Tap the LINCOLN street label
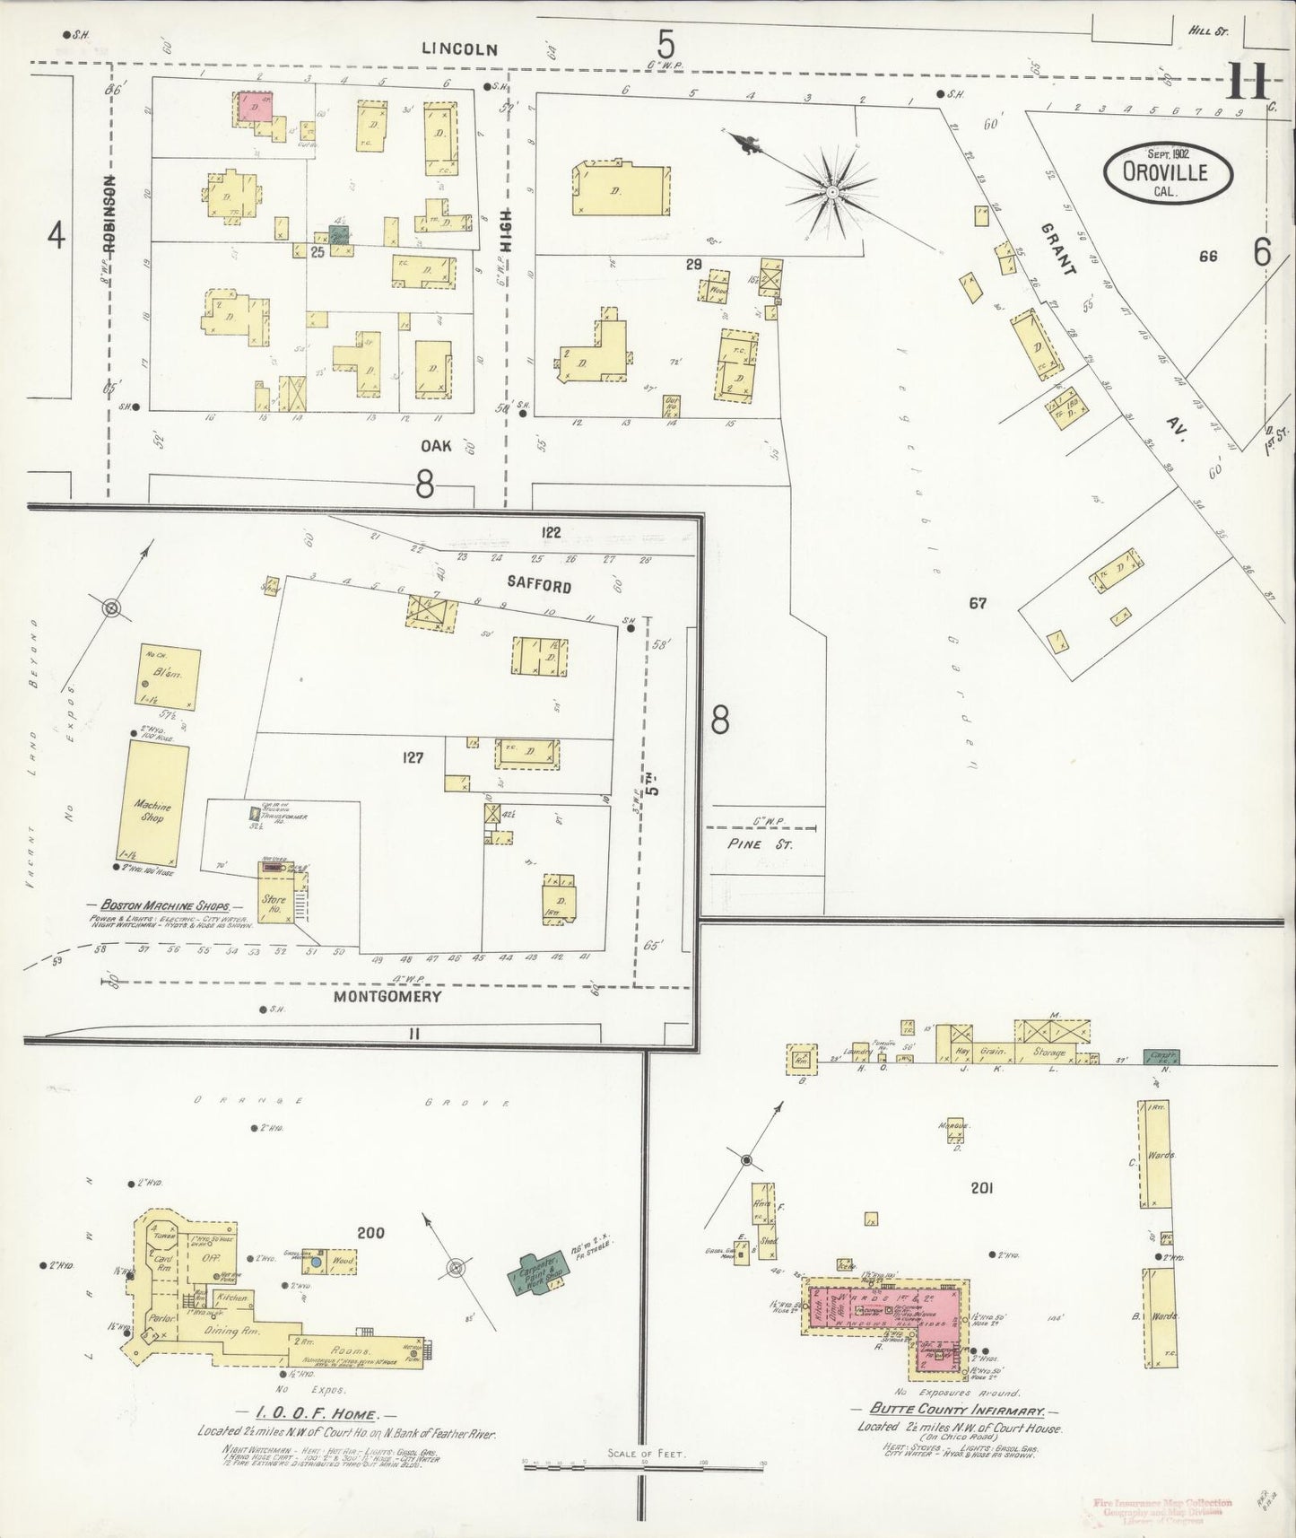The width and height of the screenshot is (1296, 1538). (x=459, y=49)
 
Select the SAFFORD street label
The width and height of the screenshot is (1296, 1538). (x=538, y=585)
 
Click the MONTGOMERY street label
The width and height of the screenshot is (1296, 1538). (x=387, y=995)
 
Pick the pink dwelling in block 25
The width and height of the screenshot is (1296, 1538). (x=256, y=106)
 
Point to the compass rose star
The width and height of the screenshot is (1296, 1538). (x=831, y=190)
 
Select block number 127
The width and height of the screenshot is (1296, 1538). (x=413, y=757)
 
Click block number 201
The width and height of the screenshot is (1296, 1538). (x=982, y=1188)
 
